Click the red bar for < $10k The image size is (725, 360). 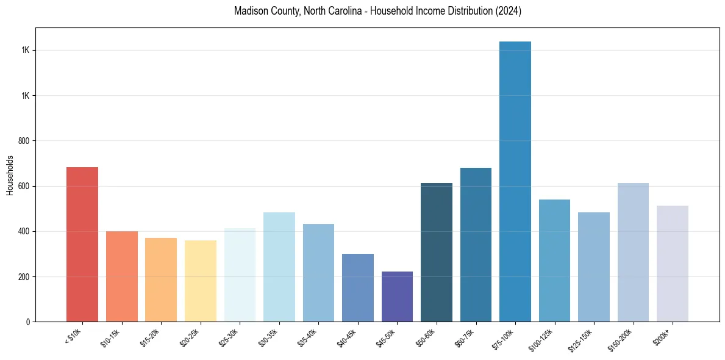coord(82,244)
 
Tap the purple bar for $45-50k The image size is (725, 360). coord(397,297)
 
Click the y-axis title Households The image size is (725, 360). coord(10,175)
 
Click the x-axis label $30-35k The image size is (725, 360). coord(268,337)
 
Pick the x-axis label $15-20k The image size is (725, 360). coord(150,337)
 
